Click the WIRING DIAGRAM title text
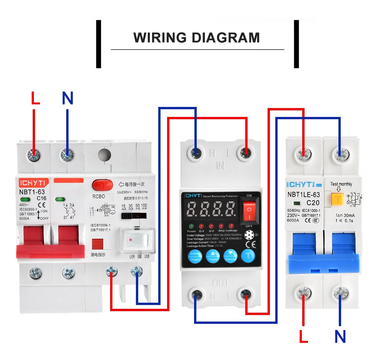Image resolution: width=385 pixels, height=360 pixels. (196, 38)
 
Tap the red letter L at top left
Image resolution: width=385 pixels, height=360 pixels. (35, 98)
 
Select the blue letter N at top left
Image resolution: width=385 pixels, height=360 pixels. (67, 98)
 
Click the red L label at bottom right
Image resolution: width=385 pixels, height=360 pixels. (304, 337)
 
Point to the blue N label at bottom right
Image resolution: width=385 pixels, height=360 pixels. (340, 337)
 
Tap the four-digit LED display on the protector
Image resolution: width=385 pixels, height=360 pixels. (211, 210)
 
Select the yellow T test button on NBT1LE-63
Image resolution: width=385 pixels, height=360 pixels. (338, 199)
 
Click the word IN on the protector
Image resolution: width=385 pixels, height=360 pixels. (220, 166)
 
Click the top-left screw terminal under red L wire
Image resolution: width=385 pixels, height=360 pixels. (34, 155)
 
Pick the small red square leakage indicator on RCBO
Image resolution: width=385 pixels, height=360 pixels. (97, 244)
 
